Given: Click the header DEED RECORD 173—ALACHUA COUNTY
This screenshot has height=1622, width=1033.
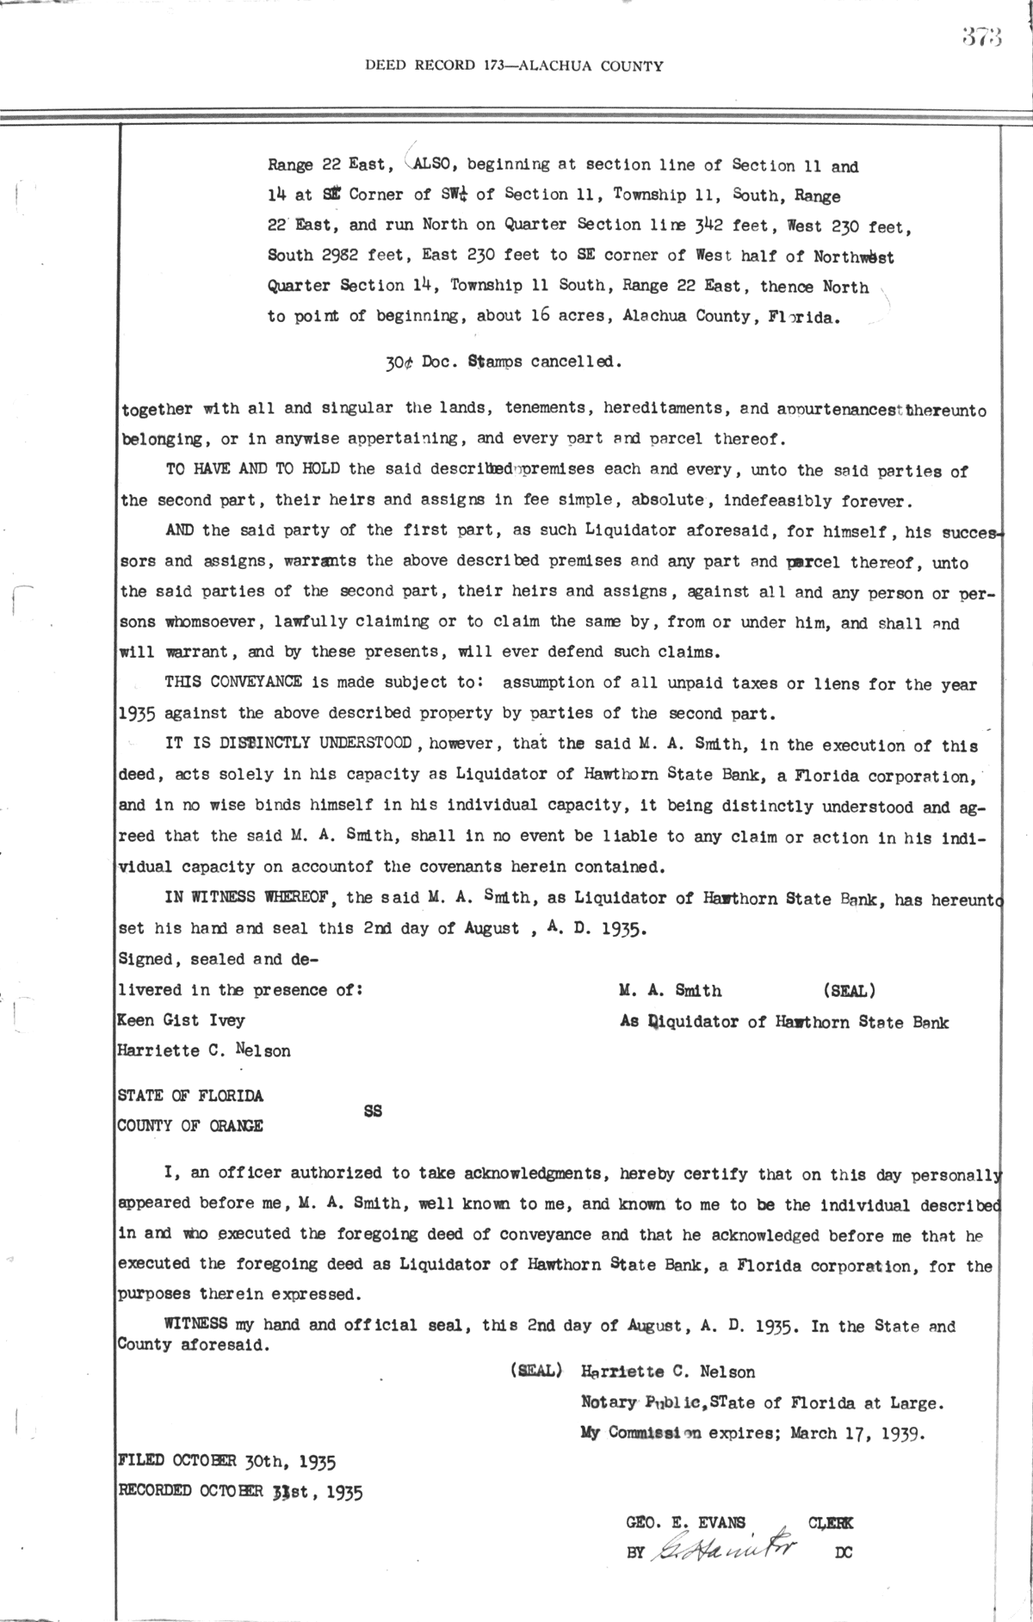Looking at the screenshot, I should point(514,65).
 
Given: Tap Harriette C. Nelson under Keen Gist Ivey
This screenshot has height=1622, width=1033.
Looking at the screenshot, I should point(204,1051).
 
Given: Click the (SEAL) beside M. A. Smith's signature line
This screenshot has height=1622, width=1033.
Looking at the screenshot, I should point(850,991).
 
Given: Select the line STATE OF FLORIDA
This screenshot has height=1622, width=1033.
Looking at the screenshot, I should point(190,1096).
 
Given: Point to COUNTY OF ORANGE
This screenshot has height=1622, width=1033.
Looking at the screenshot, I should point(190,1126).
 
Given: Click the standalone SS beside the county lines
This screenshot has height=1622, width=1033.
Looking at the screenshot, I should point(372,1111).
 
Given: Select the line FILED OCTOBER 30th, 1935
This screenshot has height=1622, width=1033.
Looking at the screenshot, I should point(226,1461).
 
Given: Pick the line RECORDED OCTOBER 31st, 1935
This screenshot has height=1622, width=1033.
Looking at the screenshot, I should point(240,1491).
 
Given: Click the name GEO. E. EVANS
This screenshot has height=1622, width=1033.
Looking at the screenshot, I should point(685,1522).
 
